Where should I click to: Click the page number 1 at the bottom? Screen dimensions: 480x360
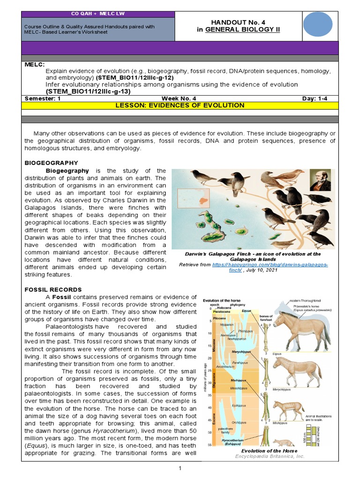[x=180, y=468]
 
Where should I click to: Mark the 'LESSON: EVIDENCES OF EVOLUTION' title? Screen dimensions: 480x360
[x=180, y=105]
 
